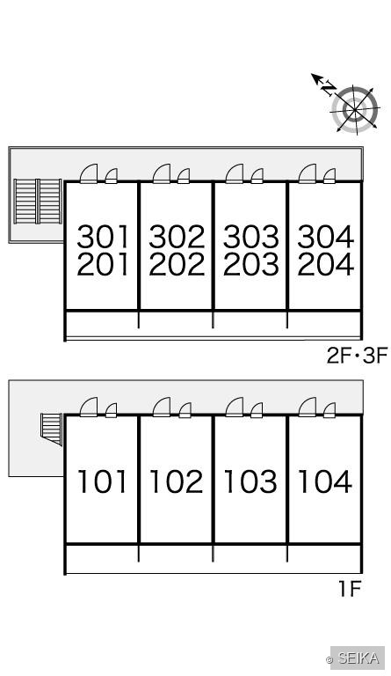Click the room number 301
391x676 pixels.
103,236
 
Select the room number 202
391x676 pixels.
177,264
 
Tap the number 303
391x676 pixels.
250,236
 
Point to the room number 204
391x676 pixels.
325,264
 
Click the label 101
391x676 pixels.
103,481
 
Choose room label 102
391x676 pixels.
177,481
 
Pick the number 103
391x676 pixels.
250,481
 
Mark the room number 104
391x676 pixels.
325,481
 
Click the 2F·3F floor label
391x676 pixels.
357,356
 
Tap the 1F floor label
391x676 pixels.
349,589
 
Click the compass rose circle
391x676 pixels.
355,108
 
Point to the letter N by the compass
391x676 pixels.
329,88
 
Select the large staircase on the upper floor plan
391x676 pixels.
38,202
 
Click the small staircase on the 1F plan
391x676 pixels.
52,429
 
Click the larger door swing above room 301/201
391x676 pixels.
89,173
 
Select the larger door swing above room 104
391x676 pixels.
308,408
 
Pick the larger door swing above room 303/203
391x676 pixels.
235,173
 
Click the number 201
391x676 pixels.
103,264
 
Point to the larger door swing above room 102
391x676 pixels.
162,408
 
